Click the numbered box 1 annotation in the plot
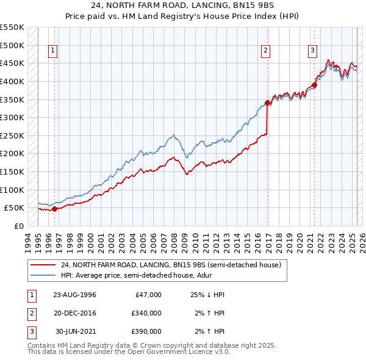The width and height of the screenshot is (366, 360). click(x=54, y=51)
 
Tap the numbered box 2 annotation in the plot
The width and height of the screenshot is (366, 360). click(x=267, y=51)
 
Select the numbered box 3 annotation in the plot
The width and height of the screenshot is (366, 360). click(x=312, y=51)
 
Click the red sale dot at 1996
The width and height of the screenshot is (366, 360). click(x=54, y=209)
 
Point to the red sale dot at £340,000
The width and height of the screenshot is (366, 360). click(x=268, y=103)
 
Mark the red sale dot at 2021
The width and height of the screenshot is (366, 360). click(x=315, y=85)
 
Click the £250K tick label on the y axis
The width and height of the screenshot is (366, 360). click(x=12, y=135)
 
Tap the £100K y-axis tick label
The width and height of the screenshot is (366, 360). click(x=12, y=190)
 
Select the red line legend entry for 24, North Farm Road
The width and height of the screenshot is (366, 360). click(x=171, y=265)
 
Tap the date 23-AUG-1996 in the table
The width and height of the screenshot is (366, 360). click(x=74, y=295)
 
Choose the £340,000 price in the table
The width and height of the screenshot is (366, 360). click(x=146, y=313)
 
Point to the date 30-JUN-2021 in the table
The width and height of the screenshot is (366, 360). click(x=76, y=331)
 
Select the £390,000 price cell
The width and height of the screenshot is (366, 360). click(x=146, y=331)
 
